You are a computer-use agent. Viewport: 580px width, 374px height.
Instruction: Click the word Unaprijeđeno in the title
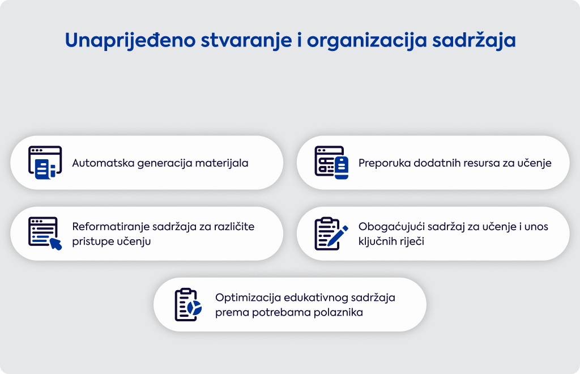click(x=130, y=40)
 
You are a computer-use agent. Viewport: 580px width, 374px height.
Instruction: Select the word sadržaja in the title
click(x=474, y=40)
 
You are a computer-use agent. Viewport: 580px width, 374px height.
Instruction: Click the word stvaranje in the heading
click(x=246, y=41)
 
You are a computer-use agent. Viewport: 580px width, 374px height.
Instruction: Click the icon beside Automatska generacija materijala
click(x=45, y=163)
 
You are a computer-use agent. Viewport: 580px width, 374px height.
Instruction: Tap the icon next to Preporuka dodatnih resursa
click(x=331, y=163)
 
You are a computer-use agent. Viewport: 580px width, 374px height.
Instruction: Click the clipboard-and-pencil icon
click(x=331, y=233)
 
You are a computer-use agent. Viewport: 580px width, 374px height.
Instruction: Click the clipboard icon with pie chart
click(x=188, y=304)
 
